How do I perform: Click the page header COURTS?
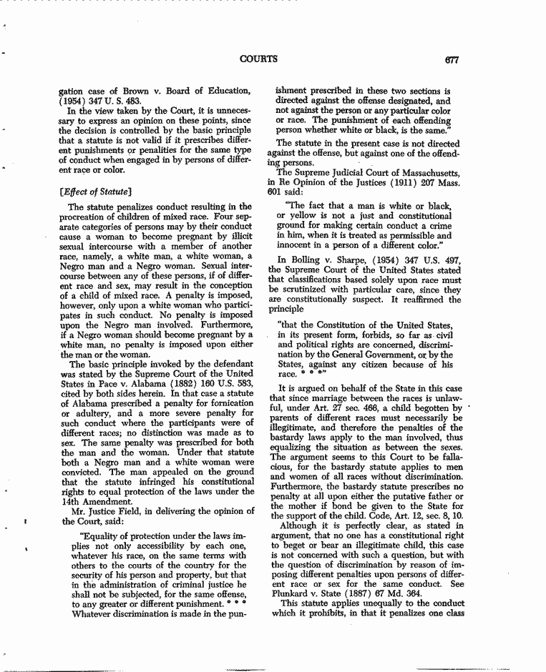(258, 59)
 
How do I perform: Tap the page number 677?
(451, 60)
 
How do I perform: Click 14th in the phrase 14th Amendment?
(73, 500)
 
